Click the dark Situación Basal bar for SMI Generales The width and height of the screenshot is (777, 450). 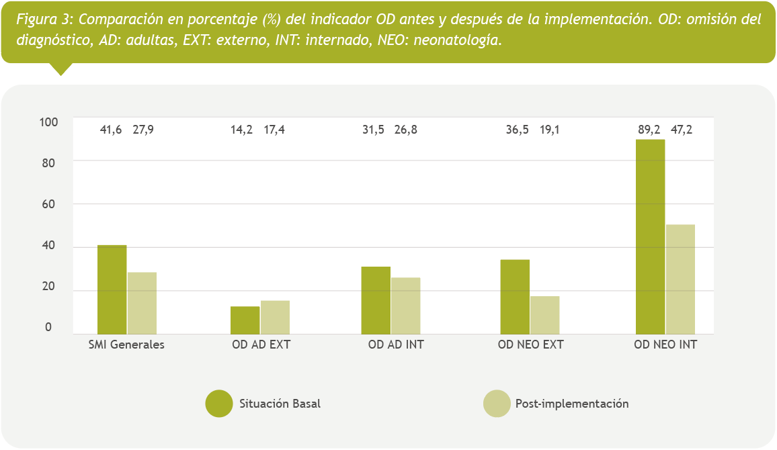112,289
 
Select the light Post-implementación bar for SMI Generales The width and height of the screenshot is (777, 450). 142,303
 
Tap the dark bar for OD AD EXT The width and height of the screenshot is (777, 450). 245,320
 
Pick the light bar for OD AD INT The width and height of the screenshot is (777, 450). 406,306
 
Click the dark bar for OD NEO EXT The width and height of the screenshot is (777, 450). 515,296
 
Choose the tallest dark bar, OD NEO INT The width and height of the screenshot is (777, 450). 650,236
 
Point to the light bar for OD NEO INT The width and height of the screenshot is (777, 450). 680,279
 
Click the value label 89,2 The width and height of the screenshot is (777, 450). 649,130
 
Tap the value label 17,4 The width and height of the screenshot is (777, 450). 274,130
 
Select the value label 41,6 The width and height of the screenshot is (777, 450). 111,130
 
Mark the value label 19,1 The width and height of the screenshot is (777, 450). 549,130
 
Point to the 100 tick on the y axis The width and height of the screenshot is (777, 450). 50,122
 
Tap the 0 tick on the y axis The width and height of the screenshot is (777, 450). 48,328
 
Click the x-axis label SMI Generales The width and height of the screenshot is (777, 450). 126,345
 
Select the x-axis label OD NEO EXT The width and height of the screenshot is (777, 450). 530,345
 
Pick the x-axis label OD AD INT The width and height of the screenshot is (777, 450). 396,345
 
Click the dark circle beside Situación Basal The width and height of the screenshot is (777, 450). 219,404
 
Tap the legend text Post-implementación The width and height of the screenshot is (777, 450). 572,404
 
